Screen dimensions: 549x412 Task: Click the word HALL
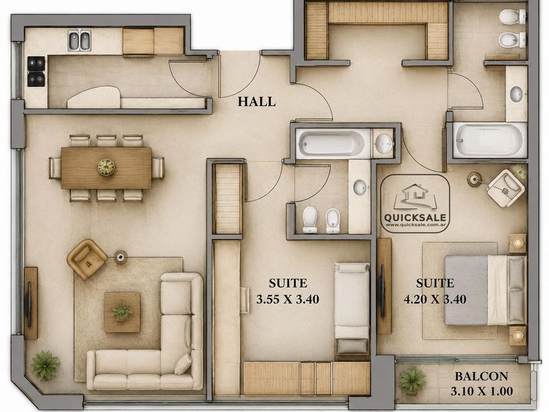coord(257,101)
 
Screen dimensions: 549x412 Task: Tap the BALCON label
coord(482,376)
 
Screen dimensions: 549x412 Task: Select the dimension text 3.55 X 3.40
coord(288,300)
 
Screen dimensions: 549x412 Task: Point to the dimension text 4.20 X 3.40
coord(435,300)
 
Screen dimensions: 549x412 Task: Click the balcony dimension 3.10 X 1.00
coord(482,391)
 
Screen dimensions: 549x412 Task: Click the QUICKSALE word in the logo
coord(415,218)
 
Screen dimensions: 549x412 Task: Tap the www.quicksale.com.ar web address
coord(415,225)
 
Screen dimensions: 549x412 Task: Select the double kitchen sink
coord(80,41)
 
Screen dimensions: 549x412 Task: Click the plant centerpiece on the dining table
coord(106,167)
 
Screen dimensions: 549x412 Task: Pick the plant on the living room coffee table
coord(122,311)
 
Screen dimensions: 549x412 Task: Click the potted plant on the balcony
coord(412,381)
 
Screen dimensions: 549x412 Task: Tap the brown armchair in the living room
coord(87,259)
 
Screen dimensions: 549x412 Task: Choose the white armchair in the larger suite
coord(507,188)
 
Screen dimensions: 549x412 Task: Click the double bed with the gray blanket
coord(486,290)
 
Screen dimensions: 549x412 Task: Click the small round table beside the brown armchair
coord(120,257)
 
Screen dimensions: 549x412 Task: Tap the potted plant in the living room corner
coord(45,366)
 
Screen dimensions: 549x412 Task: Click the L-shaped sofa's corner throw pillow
coord(184,364)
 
